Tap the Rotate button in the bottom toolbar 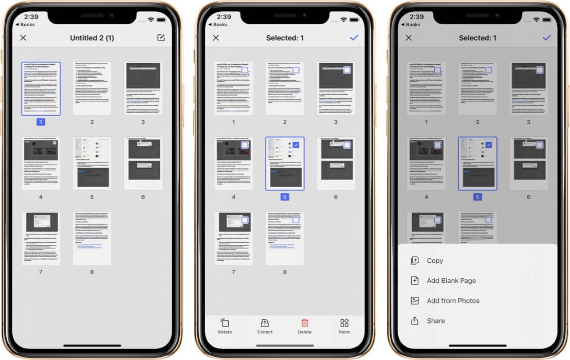[225, 326]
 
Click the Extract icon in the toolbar [265, 326]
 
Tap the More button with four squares [344, 326]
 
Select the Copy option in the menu [434, 261]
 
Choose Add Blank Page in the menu [451, 281]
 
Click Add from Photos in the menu [452, 301]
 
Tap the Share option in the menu [435, 321]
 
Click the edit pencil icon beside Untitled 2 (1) [161, 38]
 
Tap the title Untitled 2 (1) [92, 38]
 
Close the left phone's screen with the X [23, 38]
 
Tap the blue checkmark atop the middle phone [354, 38]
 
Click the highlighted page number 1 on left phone [41, 122]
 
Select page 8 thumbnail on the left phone [92, 238]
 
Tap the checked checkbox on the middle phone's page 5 [296, 145]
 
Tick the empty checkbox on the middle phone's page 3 [347, 70]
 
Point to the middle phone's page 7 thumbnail [233, 238]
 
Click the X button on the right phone [409, 38]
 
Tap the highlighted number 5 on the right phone [477, 197]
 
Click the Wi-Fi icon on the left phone [151, 20]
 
